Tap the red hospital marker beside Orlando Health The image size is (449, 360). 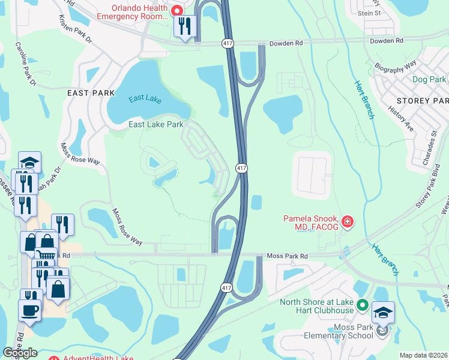pyautogui.click(x=176, y=11)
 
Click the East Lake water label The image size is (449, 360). pyautogui.click(x=145, y=100)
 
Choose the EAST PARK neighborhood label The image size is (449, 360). pyautogui.click(x=91, y=93)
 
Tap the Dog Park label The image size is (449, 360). pyautogui.click(x=429, y=79)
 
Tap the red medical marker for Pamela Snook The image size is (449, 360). pyautogui.click(x=347, y=223)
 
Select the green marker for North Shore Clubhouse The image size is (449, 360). pyautogui.click(x=362, y=305)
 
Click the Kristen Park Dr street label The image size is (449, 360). pyautogui.click(x=75, y=28)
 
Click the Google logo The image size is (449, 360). pyautogui.click(x=20, y=353)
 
